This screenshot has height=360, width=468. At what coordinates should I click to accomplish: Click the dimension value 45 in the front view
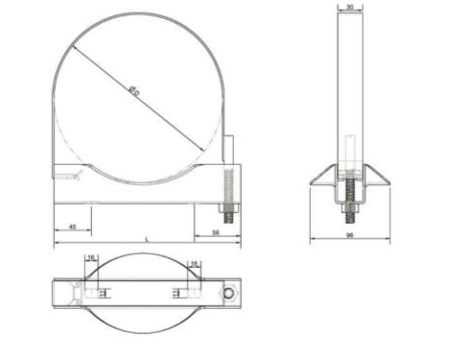coord(74,226)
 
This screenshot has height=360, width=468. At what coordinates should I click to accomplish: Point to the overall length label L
coord(146,238)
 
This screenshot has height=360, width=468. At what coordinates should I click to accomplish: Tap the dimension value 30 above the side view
coord(352,6)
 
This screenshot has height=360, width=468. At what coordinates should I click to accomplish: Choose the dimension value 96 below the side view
coord(352,234)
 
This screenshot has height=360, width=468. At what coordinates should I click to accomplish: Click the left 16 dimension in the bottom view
coord(91,258)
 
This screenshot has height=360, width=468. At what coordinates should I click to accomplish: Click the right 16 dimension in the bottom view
coord(194,263)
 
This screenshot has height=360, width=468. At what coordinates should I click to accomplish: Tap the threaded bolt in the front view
coord(230,192)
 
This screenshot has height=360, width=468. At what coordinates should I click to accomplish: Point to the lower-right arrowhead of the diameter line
coord(203,148)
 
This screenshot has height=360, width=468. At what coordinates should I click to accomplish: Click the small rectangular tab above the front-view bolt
coord(228,150)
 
